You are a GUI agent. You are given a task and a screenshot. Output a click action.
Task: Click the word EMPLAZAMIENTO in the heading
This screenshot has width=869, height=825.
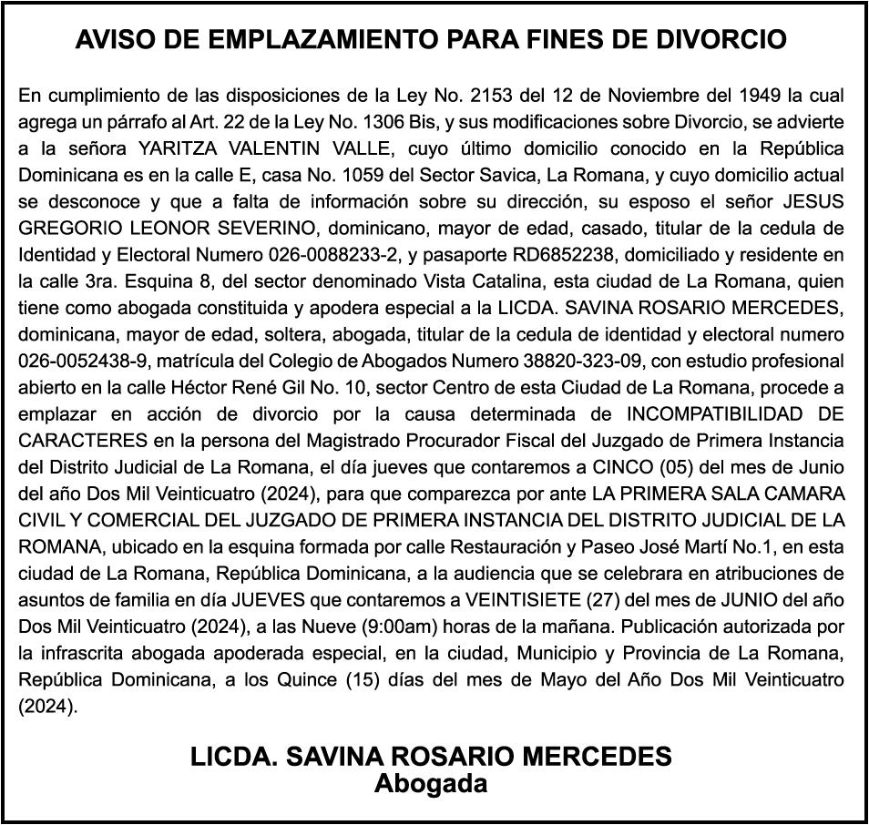(x=306, y=40)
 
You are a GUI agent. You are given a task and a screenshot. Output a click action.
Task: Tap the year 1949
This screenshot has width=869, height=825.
(x=759, y=95)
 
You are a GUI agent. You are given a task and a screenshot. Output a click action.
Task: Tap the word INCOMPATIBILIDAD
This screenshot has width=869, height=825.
(x=711, y=413)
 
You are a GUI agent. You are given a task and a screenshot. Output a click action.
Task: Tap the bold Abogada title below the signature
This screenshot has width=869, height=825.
(x=431, y=784)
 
